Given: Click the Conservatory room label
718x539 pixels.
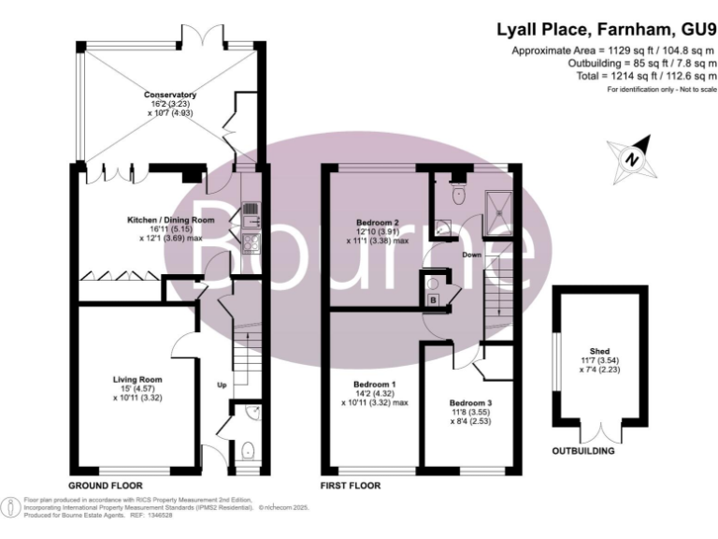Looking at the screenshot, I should (x=169, y=95).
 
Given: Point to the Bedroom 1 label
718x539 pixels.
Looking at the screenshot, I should (x=374, y=385).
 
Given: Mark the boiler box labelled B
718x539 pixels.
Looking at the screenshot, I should (x=433, y=299).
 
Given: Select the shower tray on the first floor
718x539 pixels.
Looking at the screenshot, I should (x=500, y=209).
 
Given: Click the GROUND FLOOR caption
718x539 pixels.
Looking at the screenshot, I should (x=104, y=486).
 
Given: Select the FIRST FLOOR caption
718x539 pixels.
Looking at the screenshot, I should (x=351, y=486).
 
